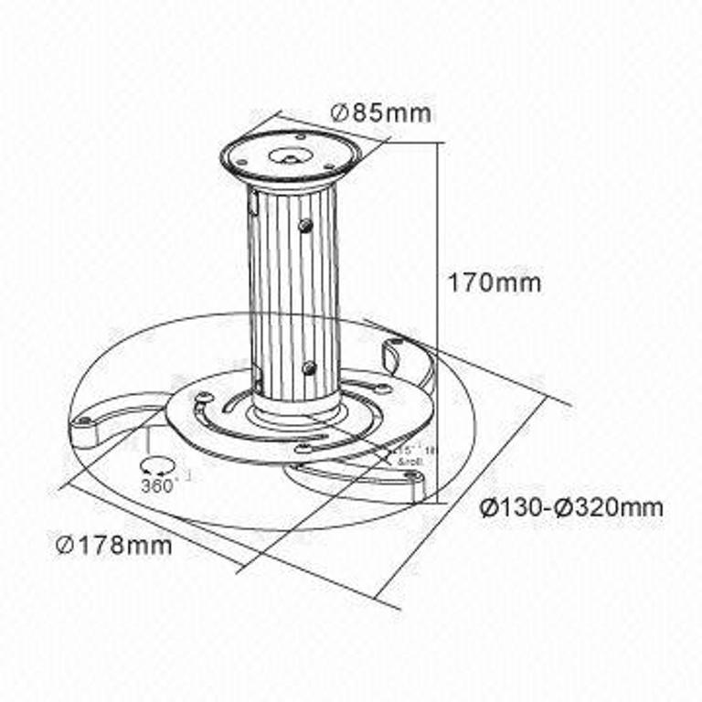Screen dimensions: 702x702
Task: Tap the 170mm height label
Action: tap(494, 282)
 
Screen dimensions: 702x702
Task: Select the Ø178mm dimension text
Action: tap(113, 546)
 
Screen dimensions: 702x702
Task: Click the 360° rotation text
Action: tap(160, 486)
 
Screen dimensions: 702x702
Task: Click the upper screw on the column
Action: tap(305, 224)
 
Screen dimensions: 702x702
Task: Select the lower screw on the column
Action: tap(309, 368)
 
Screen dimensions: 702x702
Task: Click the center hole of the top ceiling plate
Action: tap(286, 155)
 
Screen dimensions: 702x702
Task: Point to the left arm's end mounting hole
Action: tap(85, 422)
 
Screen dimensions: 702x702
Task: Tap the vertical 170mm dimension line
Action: tap(437, 320)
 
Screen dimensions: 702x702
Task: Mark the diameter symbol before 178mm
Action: tap(64, 546)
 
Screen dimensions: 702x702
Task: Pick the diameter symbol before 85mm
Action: tap(337, 113)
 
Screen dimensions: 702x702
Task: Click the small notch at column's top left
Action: tap(253, 207)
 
